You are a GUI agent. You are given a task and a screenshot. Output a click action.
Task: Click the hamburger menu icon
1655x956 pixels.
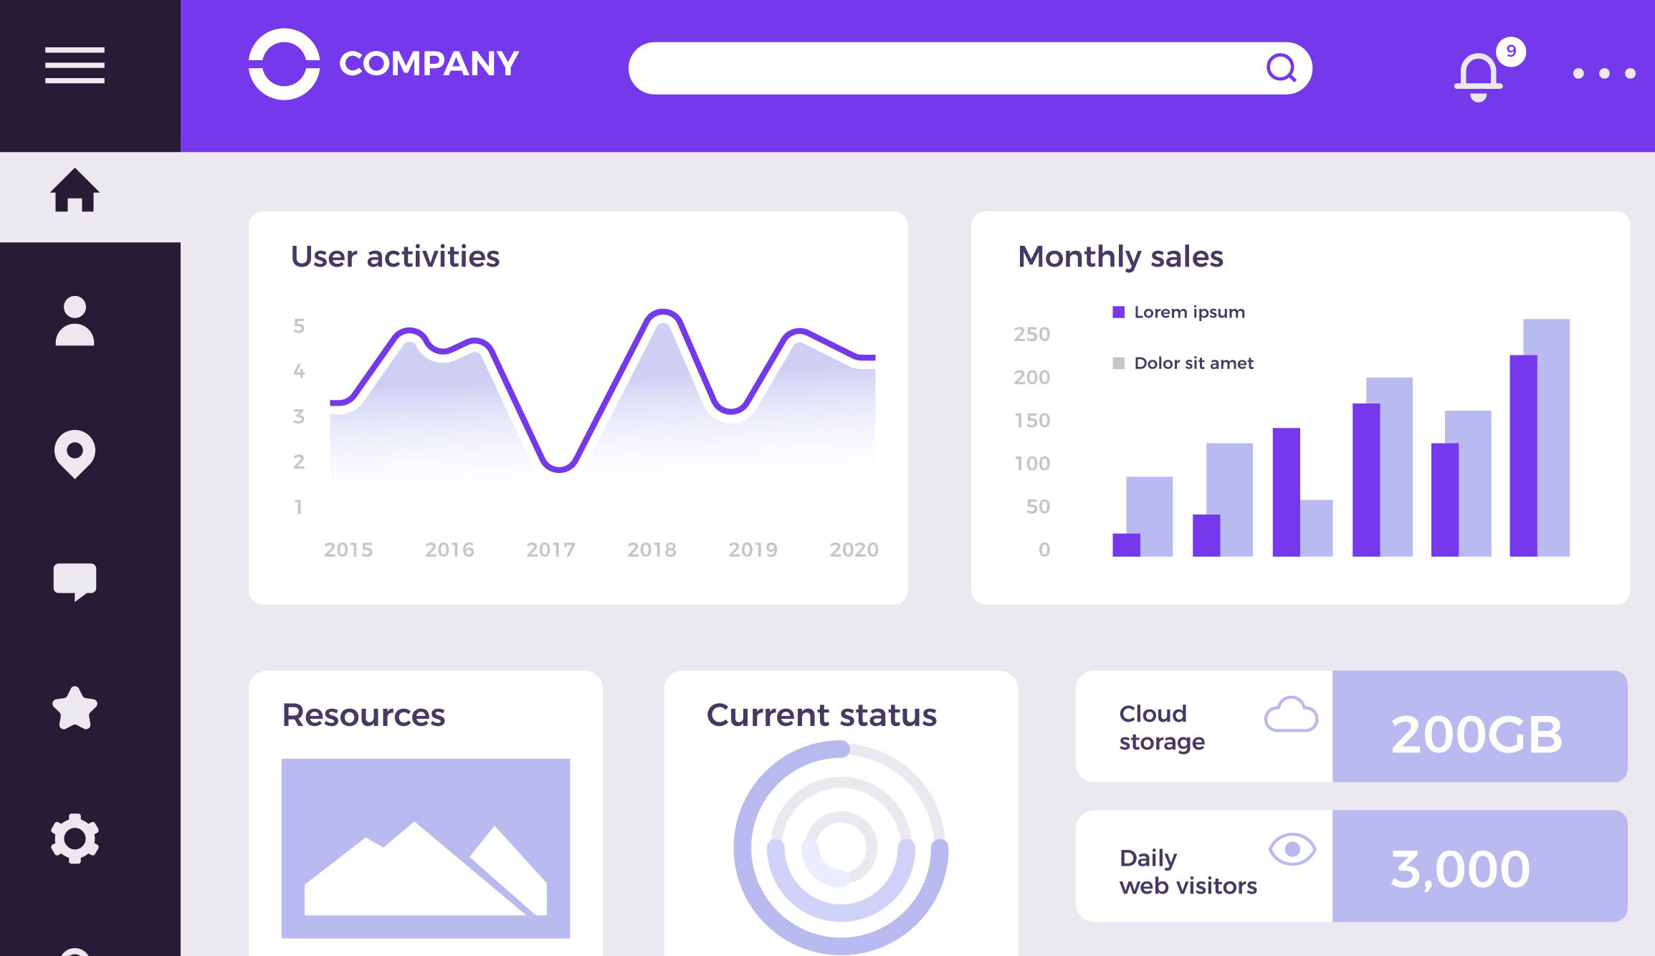pos(75,65)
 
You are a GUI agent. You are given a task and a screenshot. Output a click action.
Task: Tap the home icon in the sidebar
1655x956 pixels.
pos(75,191)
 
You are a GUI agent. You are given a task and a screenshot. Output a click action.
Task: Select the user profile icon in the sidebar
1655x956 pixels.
pos(75,321)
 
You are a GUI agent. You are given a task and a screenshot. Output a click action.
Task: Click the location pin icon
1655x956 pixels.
pos(75,453)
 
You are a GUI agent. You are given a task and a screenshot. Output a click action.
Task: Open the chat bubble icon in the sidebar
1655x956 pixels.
pos(75,581)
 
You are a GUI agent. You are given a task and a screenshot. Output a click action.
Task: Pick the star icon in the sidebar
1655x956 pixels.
pos(75,709)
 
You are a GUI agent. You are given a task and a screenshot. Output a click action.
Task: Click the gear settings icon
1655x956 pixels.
pos(75,838)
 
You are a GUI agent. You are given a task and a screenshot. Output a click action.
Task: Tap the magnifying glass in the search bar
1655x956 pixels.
pos(1281,68)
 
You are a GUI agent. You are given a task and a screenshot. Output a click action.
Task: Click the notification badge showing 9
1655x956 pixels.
pos(1511,52)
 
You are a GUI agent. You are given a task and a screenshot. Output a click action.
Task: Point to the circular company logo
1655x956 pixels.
pos(284,64)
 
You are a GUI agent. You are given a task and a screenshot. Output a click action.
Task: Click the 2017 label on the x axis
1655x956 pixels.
pos(550,550)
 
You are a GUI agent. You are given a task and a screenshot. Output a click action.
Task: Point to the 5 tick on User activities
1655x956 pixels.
pos(299,326)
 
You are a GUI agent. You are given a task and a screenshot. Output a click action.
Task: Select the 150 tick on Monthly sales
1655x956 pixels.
pos(1031,420)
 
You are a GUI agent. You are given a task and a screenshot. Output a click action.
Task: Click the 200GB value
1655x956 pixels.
pos(1477,734)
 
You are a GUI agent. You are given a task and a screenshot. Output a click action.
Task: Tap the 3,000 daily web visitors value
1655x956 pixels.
pos(1460,869)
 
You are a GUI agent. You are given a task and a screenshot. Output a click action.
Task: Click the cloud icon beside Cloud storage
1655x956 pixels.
pos(1291,714)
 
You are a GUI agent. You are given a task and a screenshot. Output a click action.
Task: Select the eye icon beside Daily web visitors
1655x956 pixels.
pos(1292,849)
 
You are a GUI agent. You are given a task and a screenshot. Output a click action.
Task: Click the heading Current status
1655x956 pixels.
pos(821,715)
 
